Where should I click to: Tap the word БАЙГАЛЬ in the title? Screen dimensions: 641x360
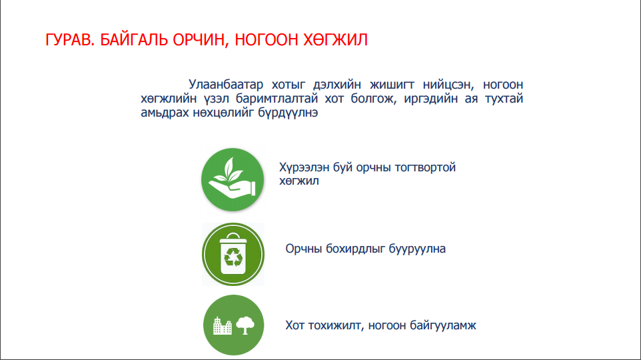[134, 40]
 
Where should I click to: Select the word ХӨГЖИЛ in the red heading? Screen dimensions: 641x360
[335, 40]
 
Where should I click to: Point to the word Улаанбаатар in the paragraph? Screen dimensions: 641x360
[226, 84]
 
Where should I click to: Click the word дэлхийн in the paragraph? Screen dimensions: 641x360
[337, 84]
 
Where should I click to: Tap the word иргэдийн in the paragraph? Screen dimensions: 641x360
[430, 99]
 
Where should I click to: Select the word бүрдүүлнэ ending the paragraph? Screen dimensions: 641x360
[288, 113]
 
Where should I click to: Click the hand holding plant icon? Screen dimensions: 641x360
[233, 179]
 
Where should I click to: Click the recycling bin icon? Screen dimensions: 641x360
[233, 254]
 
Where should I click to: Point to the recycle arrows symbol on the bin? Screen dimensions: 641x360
[233, 257]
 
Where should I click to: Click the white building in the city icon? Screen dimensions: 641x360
[223, 325]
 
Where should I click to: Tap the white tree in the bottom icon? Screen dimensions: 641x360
[245, 325]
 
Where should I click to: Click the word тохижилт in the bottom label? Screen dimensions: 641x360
[336, 325]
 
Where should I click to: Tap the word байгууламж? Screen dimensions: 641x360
[443, 325]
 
